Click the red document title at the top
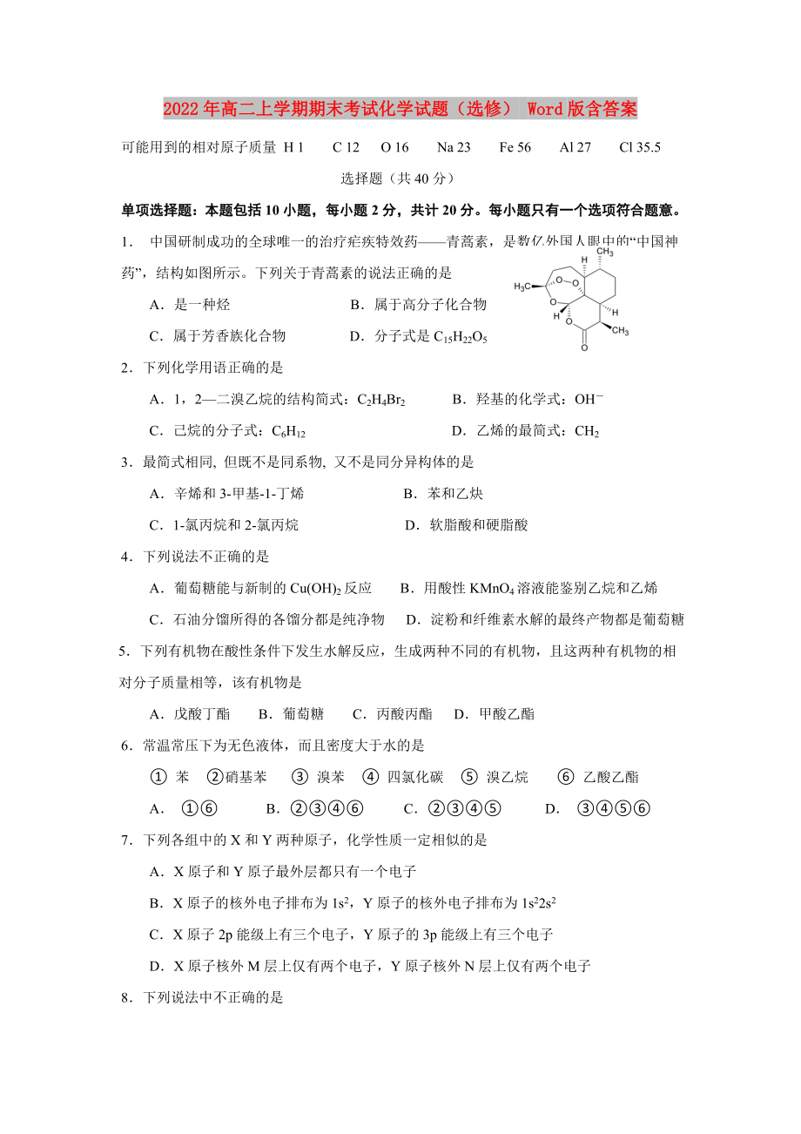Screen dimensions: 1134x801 tap(400, 109)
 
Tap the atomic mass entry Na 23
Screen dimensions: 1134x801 tap(454, 147)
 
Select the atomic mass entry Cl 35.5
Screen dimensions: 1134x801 tap(640, 147)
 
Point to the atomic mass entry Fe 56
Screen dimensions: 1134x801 tap(515, 147)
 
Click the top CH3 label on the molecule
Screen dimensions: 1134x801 tap(605, 253)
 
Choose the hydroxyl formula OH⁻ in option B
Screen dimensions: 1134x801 tap(589, 399)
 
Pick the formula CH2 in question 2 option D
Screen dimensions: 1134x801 tap(587, 431)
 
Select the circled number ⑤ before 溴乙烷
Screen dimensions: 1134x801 tap(470, 777)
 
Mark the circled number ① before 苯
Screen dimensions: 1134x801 tap(158, 777)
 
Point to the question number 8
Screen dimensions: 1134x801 tap(126, 997)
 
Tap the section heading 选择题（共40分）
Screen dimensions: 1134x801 tap(398, 179)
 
